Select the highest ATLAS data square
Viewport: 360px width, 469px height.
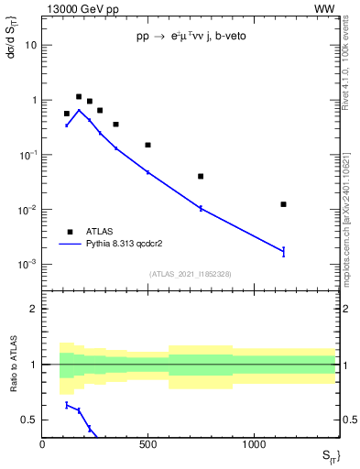coord(79,96)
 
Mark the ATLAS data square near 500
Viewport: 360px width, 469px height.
coord(147,145)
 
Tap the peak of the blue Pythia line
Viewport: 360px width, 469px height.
coord(79,110)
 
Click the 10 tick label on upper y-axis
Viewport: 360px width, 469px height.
coord(30,45)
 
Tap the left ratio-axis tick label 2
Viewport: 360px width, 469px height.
coord(32,310)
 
